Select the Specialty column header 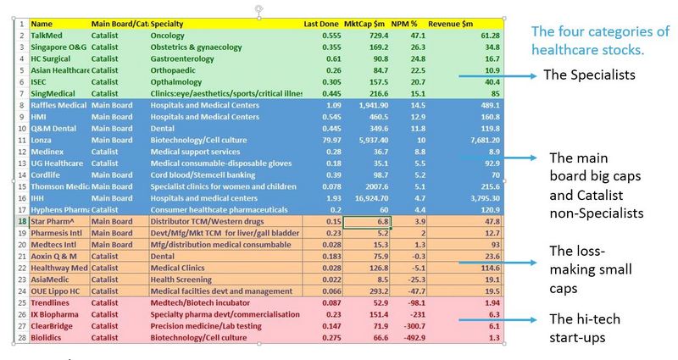(166, 25)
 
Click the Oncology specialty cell (167, 36)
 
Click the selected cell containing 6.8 (367, 221)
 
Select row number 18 (22, 221)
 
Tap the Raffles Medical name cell (58, 105)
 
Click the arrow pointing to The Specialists (497, 76)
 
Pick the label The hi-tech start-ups (585, 328)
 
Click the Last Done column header (321, 25)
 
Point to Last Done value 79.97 (331, 140)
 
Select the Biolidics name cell (46, 337)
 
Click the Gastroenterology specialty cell (182, 58)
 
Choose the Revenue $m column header (450, 25)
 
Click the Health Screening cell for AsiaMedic (181, 280)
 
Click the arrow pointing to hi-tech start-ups (497, 320)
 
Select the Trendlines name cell (50, 303)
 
